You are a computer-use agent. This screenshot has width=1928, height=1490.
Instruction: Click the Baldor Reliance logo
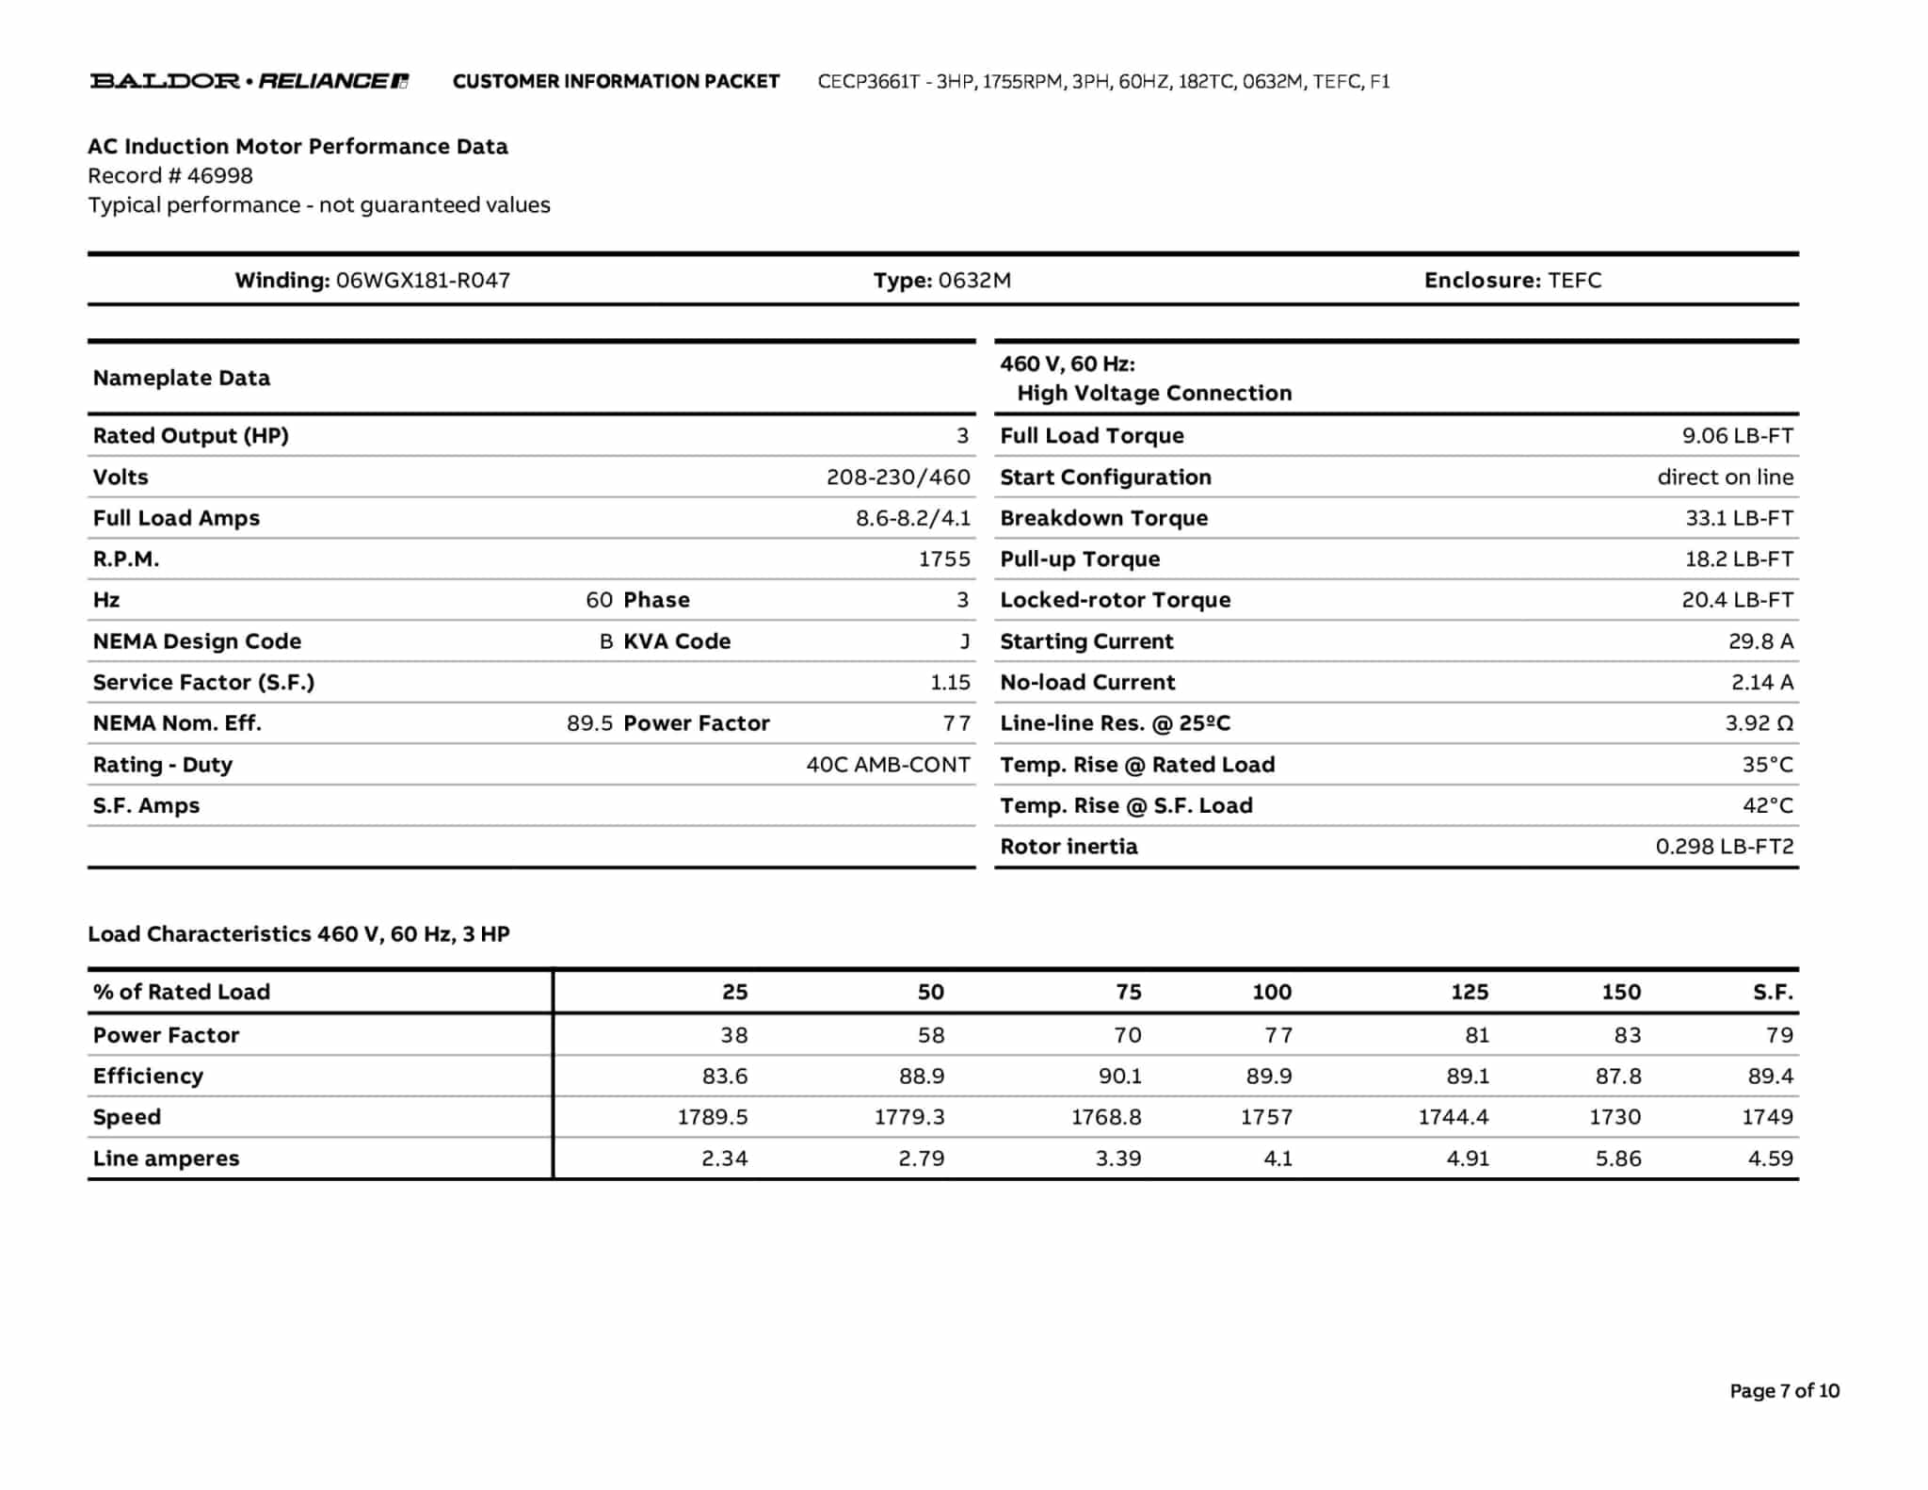(x=249, y=81)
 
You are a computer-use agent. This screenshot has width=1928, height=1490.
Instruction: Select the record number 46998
(x=219, y=176)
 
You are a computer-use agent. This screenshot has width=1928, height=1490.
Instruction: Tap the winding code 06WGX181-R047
(x=423, y=281)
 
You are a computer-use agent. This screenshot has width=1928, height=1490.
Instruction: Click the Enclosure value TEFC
(x=1574, y=281)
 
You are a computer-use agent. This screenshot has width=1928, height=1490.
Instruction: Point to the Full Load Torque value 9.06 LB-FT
(x=1737, y=436)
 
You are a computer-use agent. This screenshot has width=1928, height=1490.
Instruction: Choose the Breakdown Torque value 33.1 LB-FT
(x=1739, y=518)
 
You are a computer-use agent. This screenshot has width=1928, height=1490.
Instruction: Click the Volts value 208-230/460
(x=897, y=478)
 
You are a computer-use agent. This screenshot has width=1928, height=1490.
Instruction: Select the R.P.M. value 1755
(x=943, y=559)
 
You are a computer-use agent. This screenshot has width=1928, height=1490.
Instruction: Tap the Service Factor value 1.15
(x=949, y=683)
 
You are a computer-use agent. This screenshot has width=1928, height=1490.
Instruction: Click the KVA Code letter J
(x=964, y=641)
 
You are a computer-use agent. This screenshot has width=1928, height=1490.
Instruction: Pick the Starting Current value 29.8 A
(x=1760, y=641)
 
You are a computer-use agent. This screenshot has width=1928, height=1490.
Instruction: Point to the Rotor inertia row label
(x=1068, y=847)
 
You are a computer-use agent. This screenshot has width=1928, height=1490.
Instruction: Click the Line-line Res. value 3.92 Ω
(x=1759, y=723)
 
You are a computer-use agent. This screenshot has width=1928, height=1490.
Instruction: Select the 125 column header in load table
(x=1469, y=992)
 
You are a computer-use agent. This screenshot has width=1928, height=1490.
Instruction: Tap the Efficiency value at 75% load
(x=1118, y=1077)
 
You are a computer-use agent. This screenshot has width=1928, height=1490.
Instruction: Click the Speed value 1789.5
(x=712, y=1117)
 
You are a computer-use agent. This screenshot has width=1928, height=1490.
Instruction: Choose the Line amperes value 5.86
(x=1617, y=1158)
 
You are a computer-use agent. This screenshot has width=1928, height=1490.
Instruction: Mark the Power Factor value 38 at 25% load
(x=733, y=1035)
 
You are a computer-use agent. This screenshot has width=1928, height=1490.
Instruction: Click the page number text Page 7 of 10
(x=1784, y=1391)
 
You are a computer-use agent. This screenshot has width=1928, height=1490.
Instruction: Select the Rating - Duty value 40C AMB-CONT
(x=887, y=765)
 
